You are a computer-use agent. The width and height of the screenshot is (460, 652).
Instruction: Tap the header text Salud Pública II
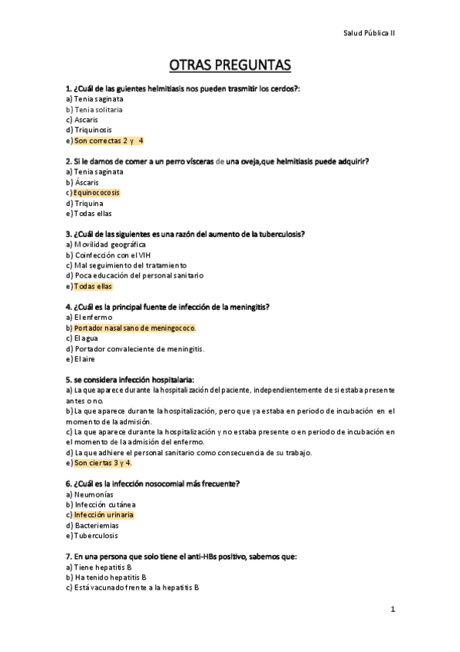coord(369,33)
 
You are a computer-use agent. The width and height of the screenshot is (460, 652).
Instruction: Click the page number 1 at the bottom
coord(392,610)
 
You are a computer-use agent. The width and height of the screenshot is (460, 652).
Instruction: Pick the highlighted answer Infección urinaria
coord(104,514)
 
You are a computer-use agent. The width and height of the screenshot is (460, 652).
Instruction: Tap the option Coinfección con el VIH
coord(116,254)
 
